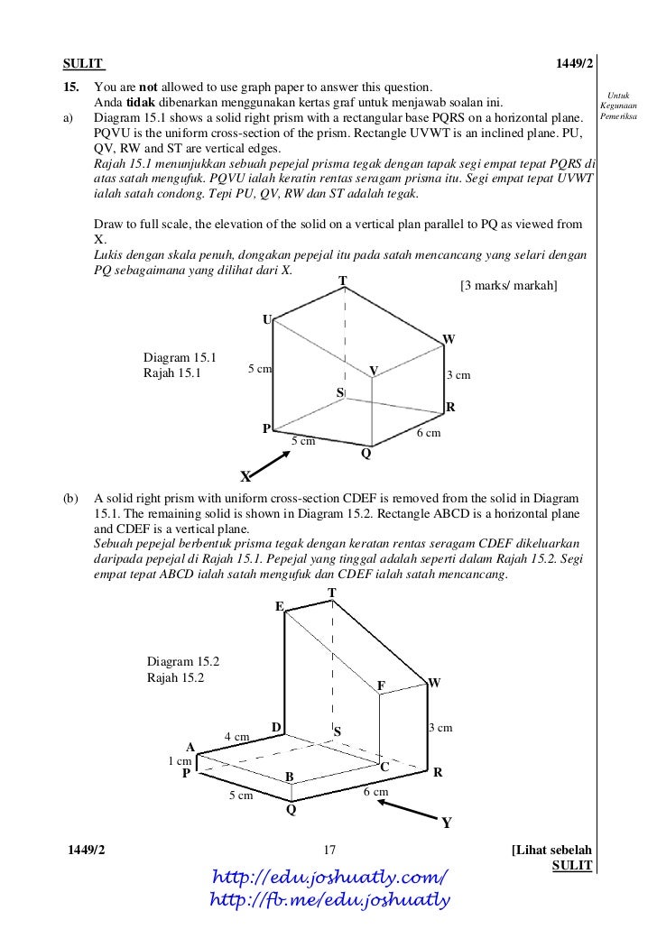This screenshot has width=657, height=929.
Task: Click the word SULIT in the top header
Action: [82, 64]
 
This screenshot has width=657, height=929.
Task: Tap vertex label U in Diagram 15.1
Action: [266, 320]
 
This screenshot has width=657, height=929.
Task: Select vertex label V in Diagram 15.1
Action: [373, 371]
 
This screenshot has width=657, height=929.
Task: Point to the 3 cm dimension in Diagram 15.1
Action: [459, 375]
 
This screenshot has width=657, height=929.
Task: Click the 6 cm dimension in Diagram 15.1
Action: [428, 434]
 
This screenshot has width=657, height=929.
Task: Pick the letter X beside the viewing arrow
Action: [245, 475]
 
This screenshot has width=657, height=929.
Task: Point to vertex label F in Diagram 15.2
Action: [381, 686]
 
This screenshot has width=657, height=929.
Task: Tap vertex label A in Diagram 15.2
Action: [190, 746]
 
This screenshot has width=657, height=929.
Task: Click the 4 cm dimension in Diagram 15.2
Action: [236, 737]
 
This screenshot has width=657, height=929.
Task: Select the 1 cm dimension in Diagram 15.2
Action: [180, 760]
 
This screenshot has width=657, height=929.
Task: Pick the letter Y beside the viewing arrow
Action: [446, 823]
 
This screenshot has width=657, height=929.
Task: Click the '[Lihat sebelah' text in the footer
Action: [551, 850]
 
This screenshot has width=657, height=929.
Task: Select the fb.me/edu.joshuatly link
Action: [328, 899]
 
